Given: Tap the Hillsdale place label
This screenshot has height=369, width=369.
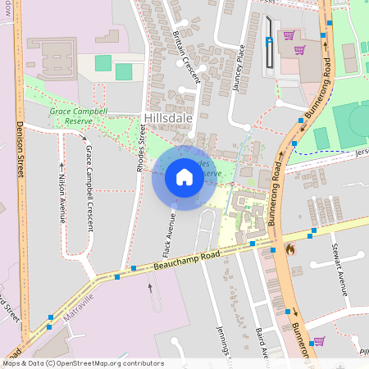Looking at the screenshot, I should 167,118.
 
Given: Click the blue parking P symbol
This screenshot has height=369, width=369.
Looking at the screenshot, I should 269,41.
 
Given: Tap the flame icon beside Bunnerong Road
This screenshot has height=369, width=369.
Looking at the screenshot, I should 289,248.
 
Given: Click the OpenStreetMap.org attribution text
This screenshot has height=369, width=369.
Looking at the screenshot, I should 107,363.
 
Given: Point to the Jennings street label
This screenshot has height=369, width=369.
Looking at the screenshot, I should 223,343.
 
